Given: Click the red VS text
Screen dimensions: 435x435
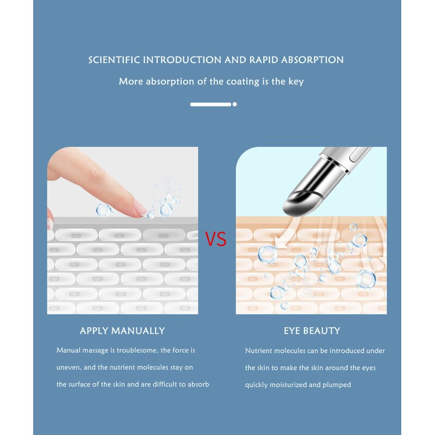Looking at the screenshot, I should [216, 239].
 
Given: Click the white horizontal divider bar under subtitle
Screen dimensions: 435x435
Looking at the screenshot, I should [210, 104].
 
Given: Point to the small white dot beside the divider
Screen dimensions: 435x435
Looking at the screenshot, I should [235, 104].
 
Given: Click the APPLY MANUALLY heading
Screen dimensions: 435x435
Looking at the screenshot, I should [122, 331].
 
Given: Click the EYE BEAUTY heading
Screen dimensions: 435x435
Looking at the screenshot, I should [312, 331].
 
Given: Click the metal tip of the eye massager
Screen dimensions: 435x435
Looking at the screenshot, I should [297, 202].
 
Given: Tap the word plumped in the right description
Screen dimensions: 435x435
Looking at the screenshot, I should [338, 384].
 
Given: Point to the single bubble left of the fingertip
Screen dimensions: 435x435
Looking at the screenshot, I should [102, 209].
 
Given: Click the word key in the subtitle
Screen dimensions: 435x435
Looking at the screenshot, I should [296, 82].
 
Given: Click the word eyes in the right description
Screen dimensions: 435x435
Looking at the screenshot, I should [368, 368].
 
